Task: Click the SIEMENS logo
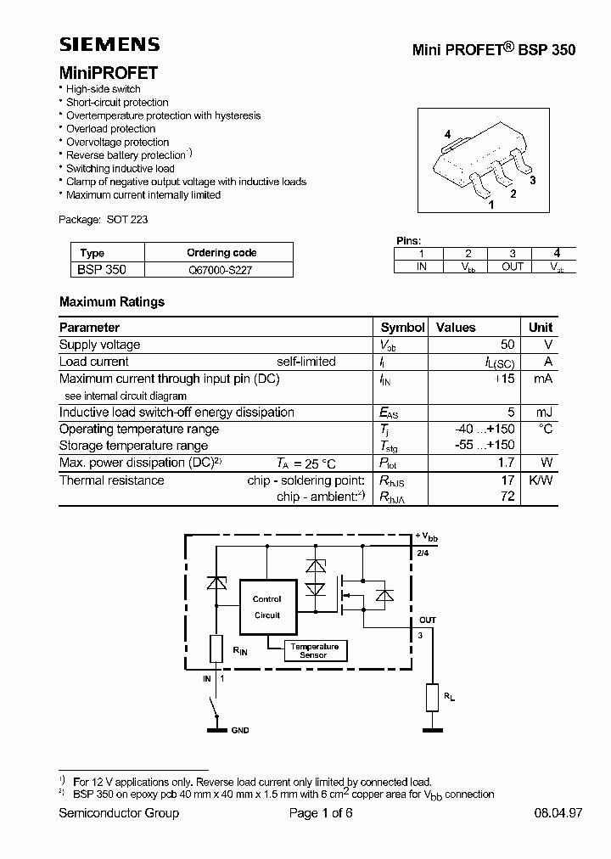point(109,45)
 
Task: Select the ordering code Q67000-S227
point(220,269)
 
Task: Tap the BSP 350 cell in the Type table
point(103,269)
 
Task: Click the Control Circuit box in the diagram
point(267,607)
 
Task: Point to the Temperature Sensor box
point(313,650)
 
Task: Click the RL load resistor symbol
point(433,699)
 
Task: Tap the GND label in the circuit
point(240,730)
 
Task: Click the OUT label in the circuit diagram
point(428,620)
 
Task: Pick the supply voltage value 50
point(507,345)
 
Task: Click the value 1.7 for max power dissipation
point(506,463)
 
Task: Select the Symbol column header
point(402,327)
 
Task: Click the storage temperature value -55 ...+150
point(485,446)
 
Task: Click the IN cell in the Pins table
point(421,267)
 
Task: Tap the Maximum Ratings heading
point(112,301)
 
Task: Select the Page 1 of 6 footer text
point(321,813)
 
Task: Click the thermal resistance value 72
point(507,497)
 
